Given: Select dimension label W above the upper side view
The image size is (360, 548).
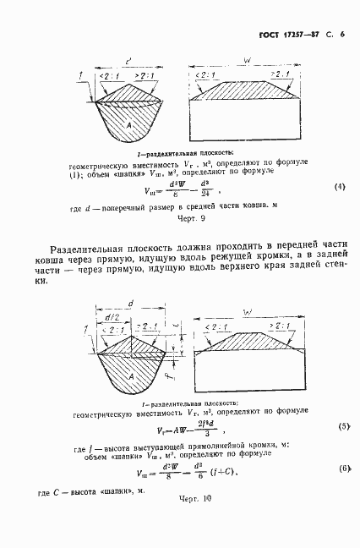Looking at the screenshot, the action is [x=246, y=61].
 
